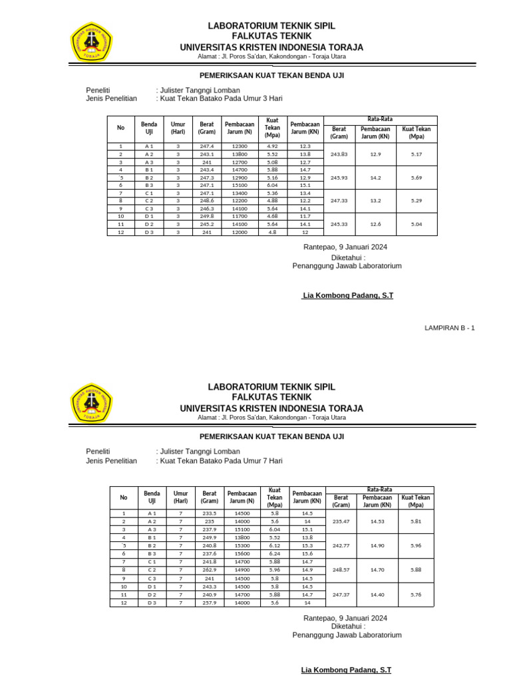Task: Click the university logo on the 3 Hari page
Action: [x=92, y=41]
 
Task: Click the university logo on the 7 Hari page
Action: [x=92, y=402]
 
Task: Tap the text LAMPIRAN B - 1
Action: [x=450, y=327]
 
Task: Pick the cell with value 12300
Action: [x=240, y=146]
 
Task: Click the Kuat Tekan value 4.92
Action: [x=272, y=146]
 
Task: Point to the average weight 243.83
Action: [x=339, y=154]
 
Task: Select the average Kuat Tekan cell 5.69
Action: [x=417, y=178]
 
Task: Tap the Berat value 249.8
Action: [x=207, y=216]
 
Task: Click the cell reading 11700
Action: [x=240, y=216]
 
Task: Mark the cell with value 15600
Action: [x=242, y=554]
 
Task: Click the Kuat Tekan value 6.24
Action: [x=275, y=554]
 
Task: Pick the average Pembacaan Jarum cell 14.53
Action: [x=377, y=522]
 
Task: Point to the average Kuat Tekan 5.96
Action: [x=417, y=545]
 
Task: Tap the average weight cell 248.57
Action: [x=341, y=570]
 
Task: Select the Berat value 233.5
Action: [x=210, y=514]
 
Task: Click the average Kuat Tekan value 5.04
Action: [x=417, y=224]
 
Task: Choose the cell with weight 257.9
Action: [x=210, y=603]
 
